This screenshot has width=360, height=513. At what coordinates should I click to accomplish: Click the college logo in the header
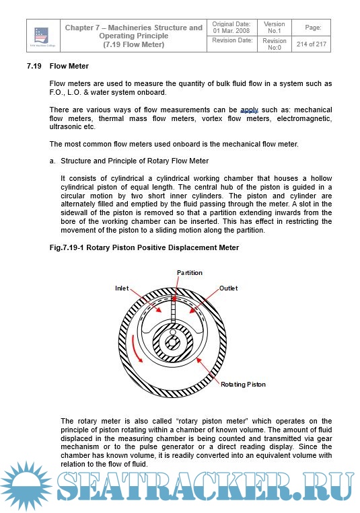point(42,36)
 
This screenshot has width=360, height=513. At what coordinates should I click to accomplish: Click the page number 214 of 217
point(311,44)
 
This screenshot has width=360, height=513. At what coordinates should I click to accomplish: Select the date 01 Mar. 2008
point(231,31)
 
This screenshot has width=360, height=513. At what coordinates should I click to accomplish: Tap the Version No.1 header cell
point(274,27)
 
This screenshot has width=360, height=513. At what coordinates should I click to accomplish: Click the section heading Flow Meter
point(69,66)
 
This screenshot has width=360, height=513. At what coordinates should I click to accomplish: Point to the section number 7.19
point(34,66)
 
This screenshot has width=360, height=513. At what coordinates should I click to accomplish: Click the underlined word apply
point(249,110)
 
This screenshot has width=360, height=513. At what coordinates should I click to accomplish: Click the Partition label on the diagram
point(190,272)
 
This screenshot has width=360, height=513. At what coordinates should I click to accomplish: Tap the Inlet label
point(122,288)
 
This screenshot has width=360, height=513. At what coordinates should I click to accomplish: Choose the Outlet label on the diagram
point(228,288)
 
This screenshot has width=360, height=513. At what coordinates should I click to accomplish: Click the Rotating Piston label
point(243,385)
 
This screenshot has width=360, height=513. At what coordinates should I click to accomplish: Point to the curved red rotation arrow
point(135,349)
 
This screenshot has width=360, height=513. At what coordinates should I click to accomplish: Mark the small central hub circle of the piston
point(172,343)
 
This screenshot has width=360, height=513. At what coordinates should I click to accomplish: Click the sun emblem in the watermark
point(26,487)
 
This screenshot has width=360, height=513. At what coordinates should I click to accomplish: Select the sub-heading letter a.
point(52,161)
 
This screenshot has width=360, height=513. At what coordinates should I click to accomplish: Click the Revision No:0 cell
point(274,44)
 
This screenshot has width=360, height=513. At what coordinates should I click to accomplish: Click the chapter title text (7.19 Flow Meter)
point(134,44)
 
